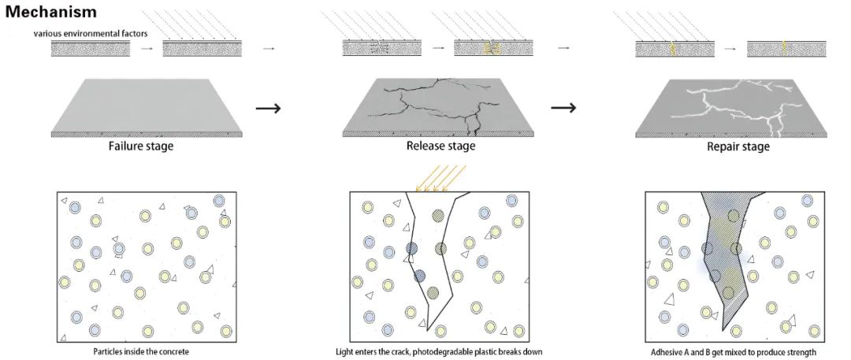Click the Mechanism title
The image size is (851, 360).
click(51, 12)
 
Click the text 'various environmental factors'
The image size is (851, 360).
click(91, 34)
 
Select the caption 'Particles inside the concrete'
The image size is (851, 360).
click(141, 351)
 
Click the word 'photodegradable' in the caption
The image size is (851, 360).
click(466, 351)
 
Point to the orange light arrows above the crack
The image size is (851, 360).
click(442, 178)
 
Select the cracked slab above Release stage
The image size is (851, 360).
click(433, 106)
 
